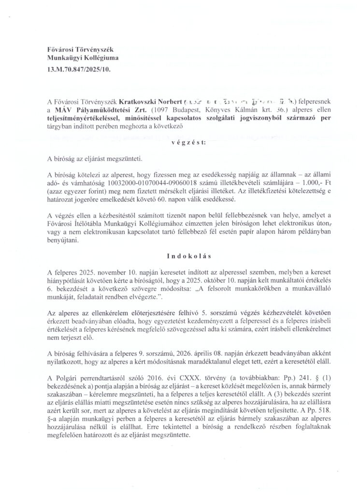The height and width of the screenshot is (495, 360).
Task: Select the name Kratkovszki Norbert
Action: tap(154, 102)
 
